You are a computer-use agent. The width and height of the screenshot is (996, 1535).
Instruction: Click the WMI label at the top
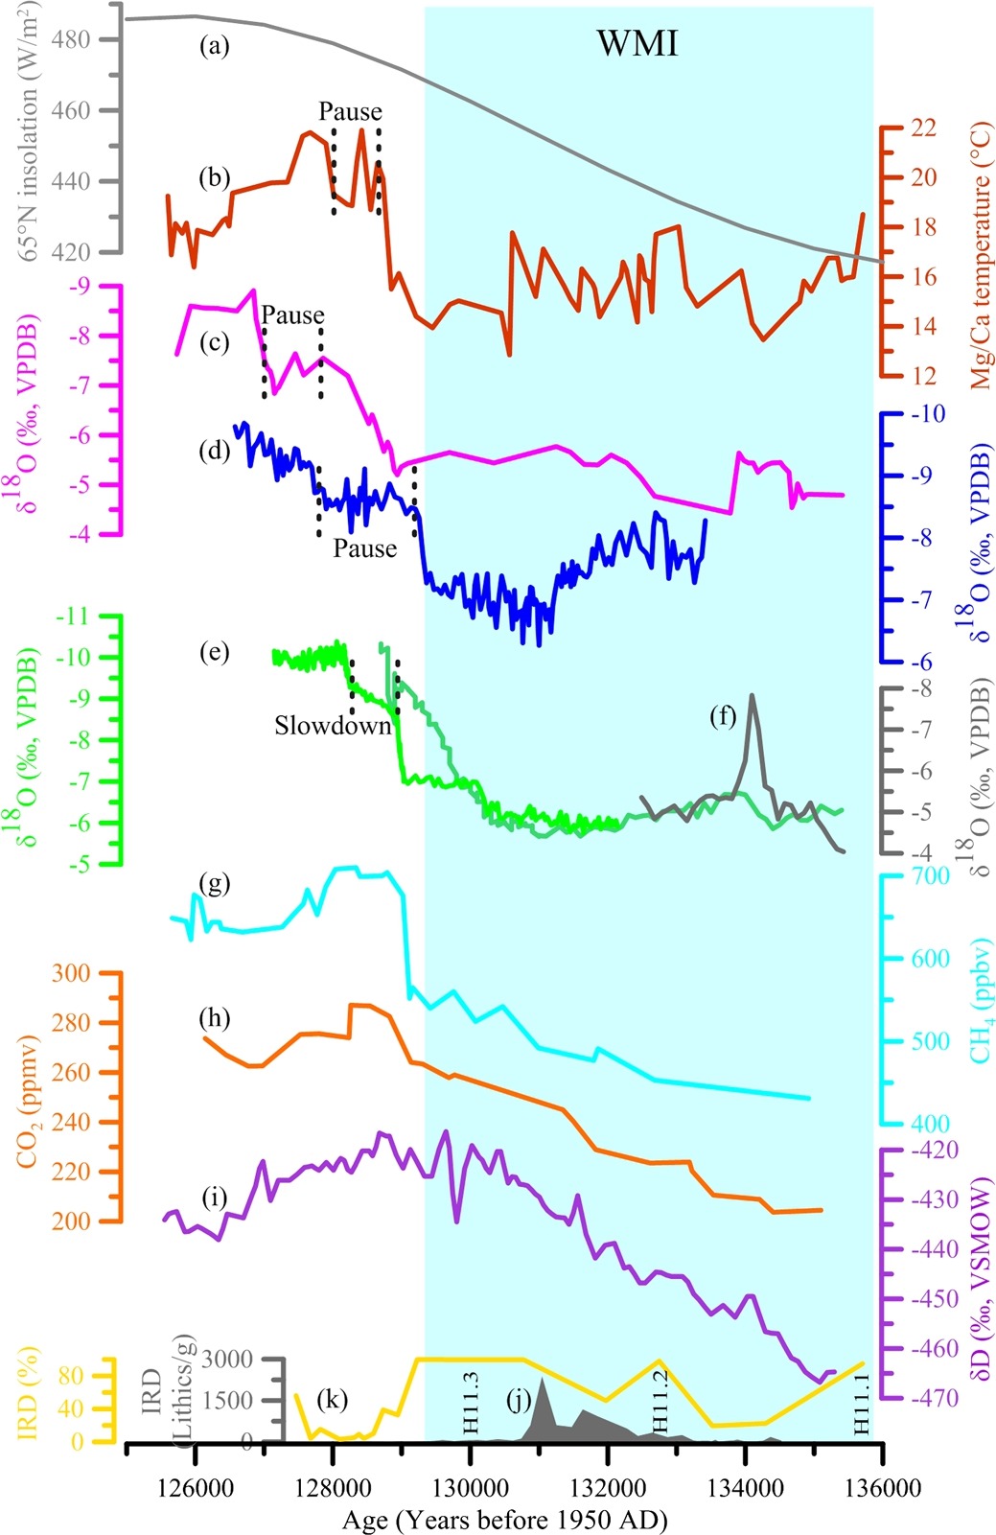637,44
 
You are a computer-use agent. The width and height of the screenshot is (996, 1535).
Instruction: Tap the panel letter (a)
214,45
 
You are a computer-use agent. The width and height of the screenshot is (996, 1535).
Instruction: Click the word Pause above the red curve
351,111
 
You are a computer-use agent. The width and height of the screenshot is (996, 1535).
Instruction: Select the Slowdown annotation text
333,726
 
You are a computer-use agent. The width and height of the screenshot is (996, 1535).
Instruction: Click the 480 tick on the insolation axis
75,39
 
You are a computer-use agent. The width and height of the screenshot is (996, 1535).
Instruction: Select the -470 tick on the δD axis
933,1398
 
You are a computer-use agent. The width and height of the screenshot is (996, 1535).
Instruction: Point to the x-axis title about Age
504,1519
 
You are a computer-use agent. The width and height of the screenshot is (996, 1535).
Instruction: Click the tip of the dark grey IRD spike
543,1379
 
